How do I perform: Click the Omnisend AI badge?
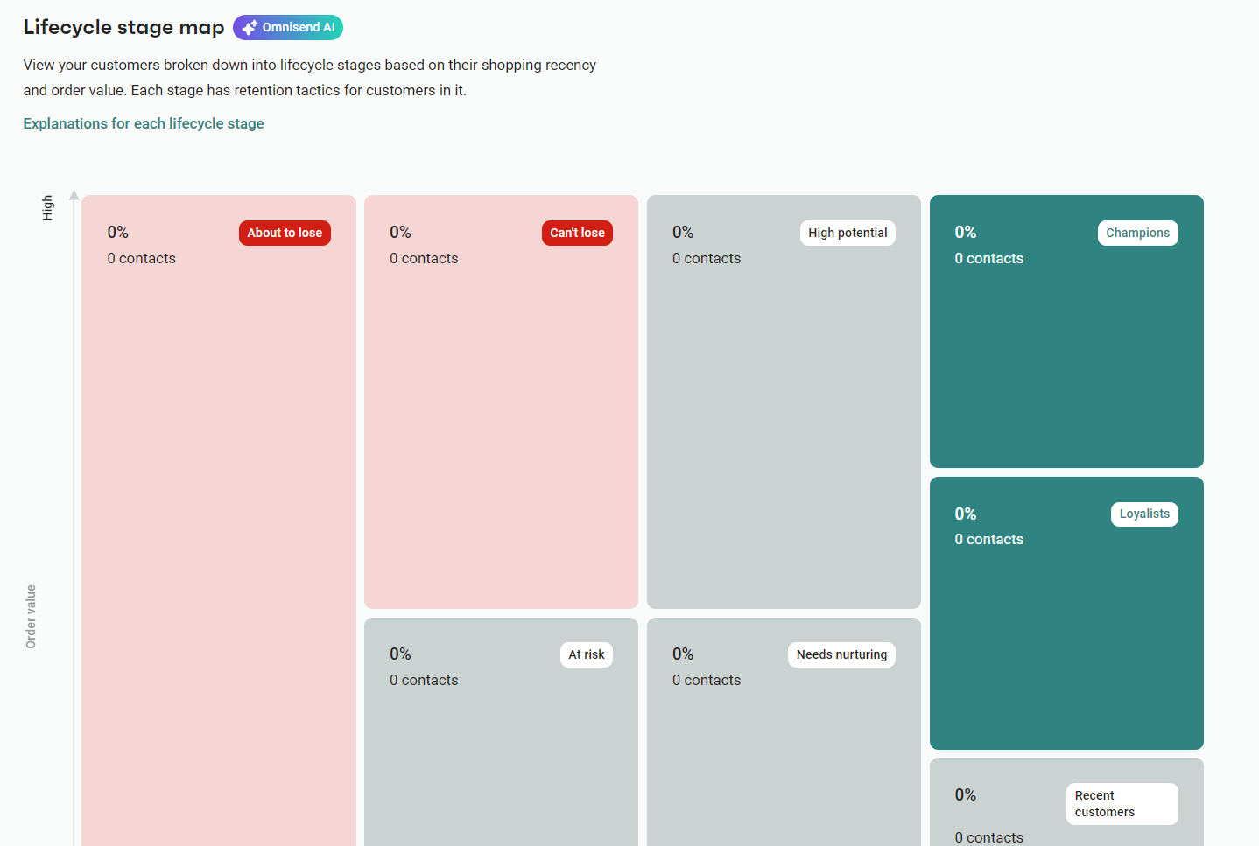(288, 28)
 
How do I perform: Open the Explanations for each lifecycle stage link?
(144, 123)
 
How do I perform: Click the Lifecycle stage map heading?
(123, 27)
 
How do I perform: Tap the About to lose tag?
(285, 233)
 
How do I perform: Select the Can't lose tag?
(577, 233)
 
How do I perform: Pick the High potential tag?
(848, 233)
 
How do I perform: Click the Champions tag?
(1137, 233)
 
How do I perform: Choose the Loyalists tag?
(1144, 514)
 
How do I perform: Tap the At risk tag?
(587, 654)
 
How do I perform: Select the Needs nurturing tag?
(841, 654)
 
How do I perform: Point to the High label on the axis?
(47, 207)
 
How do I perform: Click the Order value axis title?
(32, 616)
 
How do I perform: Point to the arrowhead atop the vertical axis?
(74, 195)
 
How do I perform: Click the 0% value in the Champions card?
(965, 232)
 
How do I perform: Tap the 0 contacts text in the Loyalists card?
(988, 539)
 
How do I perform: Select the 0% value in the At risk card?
(400, 654)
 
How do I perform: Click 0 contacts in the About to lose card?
(141, 258)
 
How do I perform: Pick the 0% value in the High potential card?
(683, 232)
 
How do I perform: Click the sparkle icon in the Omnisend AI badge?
(250, 28)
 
